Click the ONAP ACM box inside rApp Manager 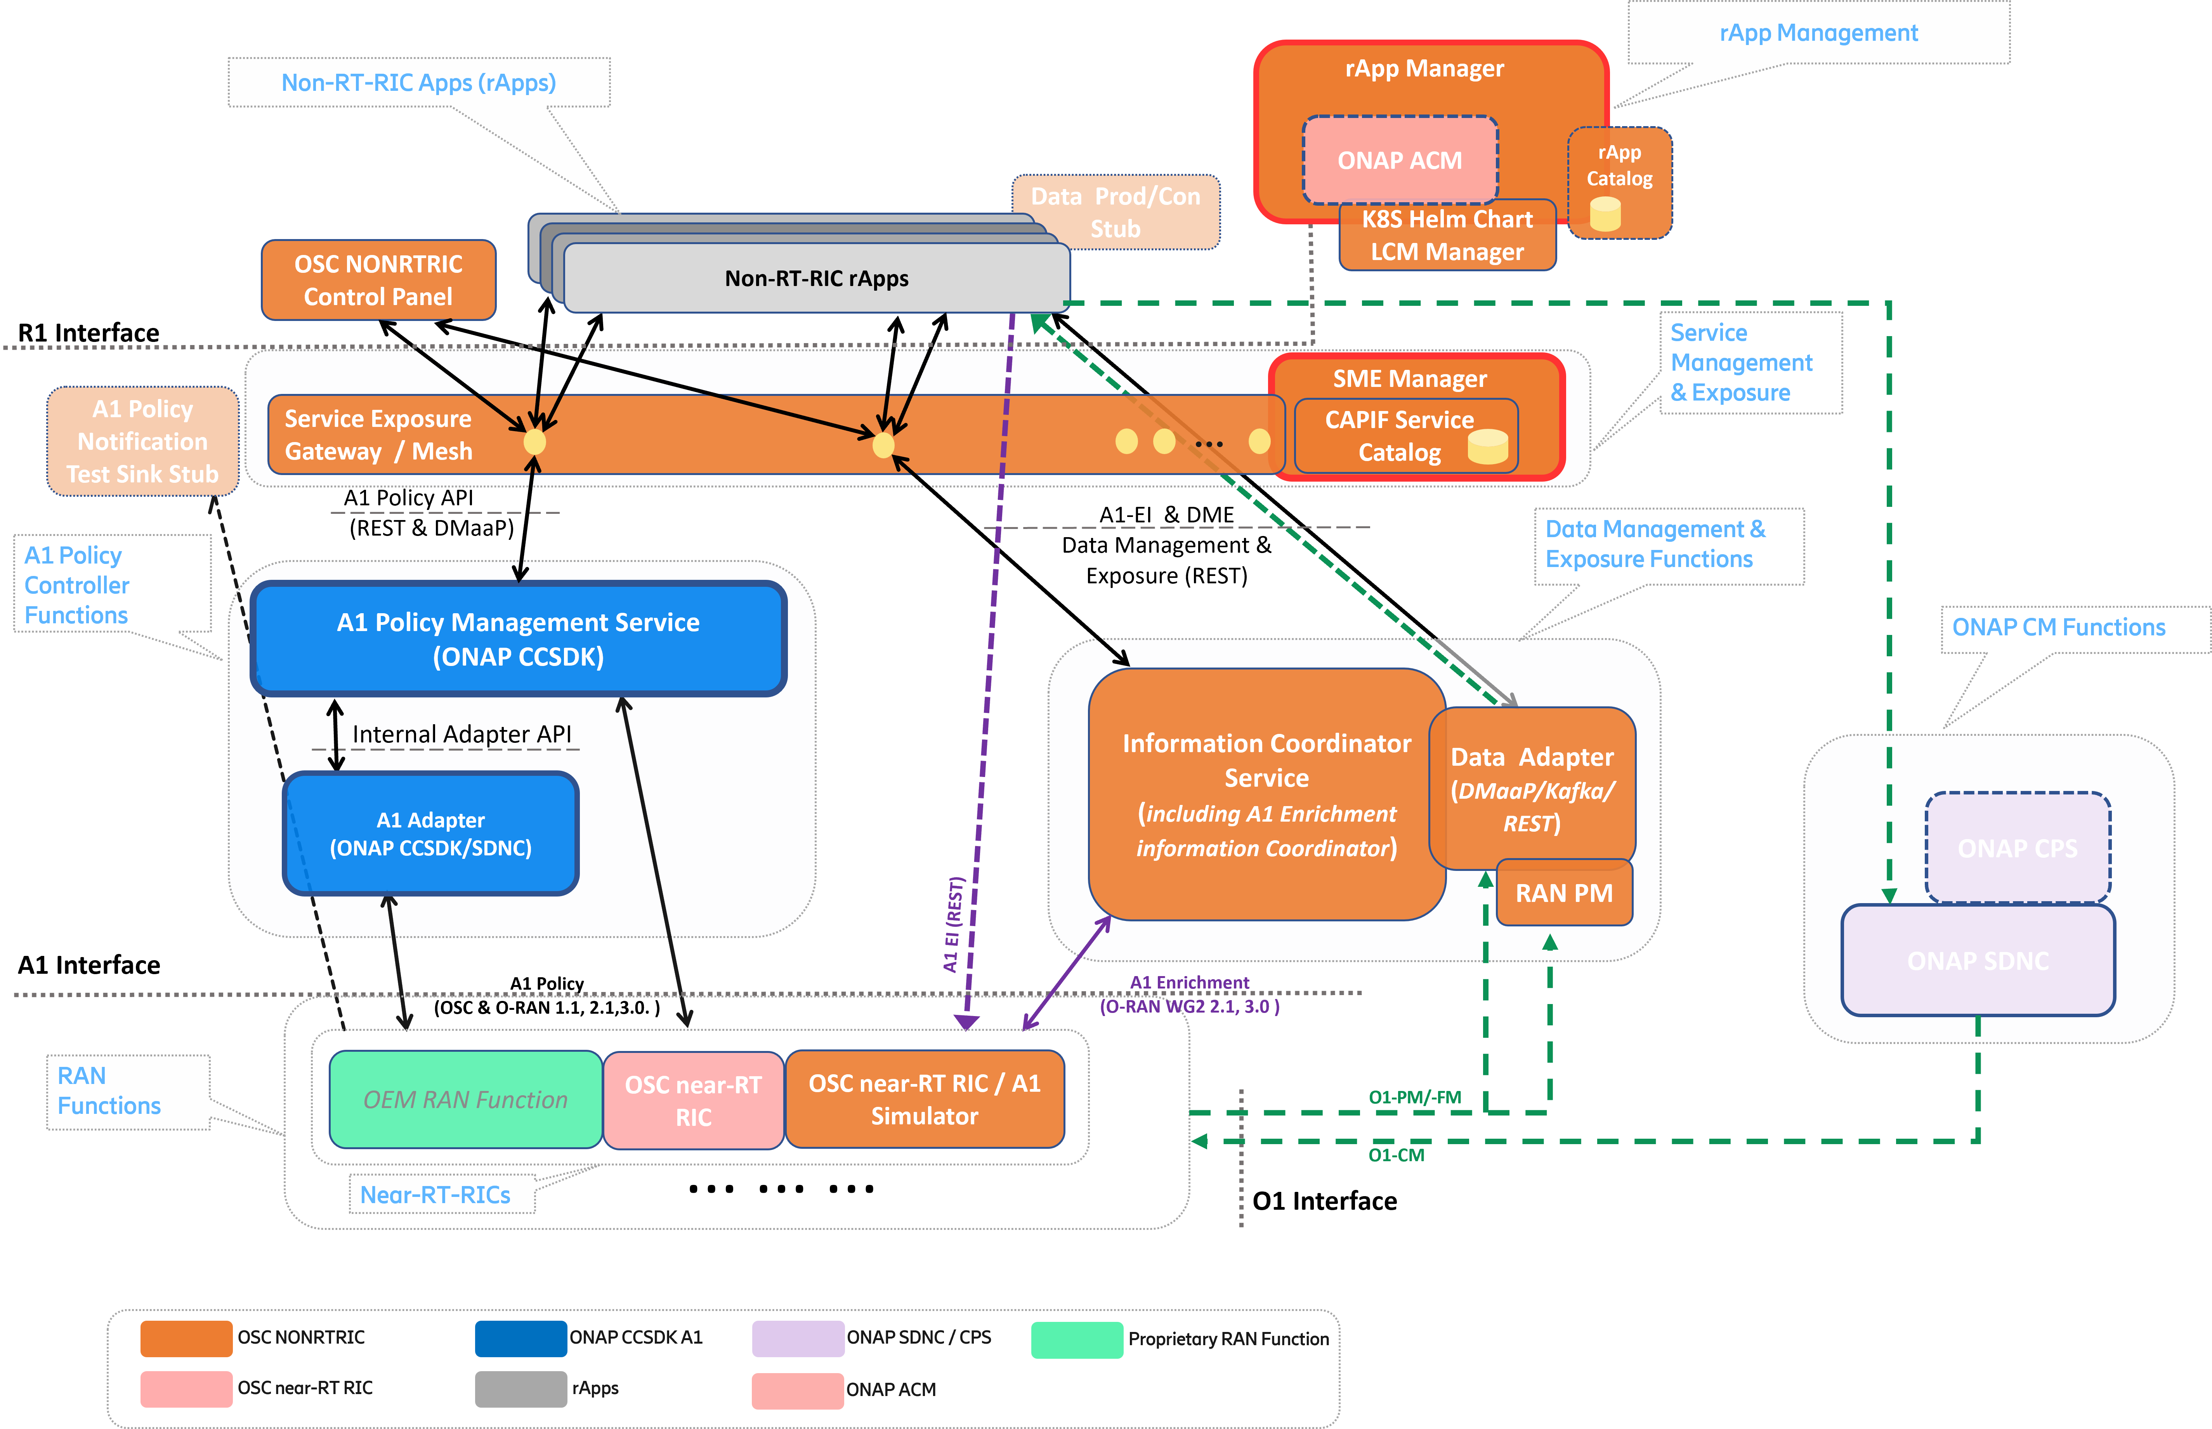click(x=1399, y=161)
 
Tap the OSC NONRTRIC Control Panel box click(x=378, y=280)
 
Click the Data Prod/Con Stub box click(x=1115, y=213)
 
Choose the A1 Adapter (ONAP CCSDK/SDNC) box click(x=430, y=833)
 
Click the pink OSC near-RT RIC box click(x=693, y=1101)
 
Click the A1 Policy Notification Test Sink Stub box click(x=143, y=442)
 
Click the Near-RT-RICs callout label click(x=435, y=1194)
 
